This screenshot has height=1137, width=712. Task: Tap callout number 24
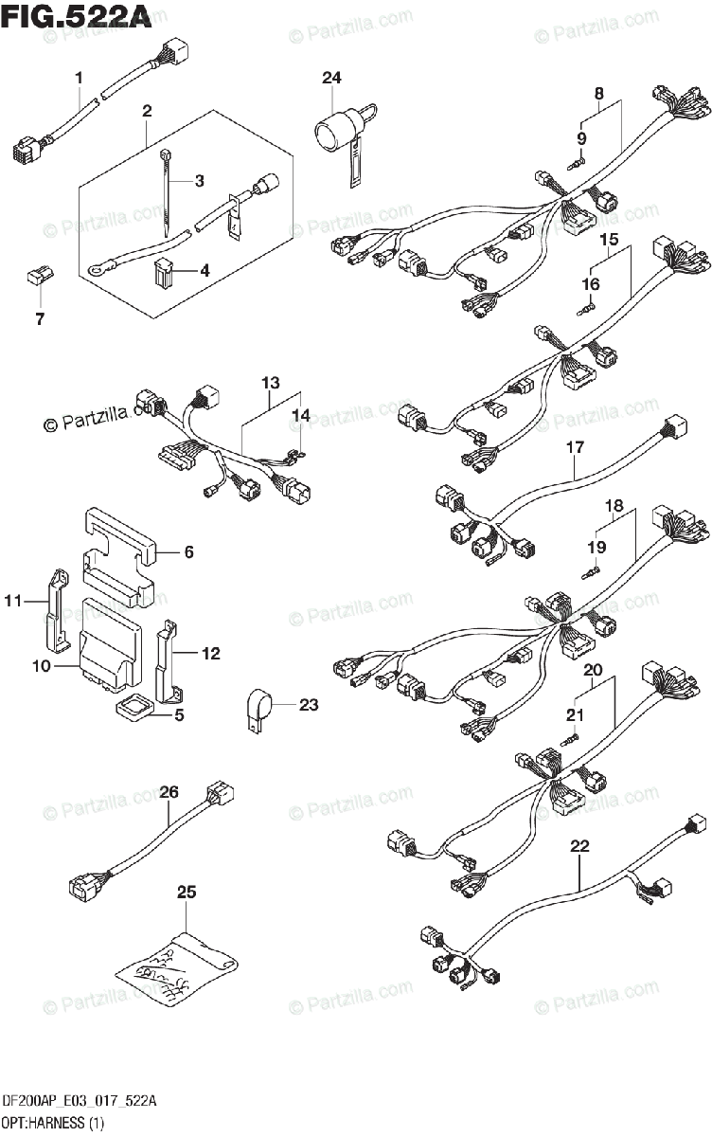330,79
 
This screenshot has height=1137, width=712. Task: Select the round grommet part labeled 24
335,127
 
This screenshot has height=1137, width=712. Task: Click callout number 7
40,319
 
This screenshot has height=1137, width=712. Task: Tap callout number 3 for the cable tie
199,180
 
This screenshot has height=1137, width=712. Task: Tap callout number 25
187,892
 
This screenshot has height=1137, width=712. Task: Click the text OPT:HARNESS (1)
53,1124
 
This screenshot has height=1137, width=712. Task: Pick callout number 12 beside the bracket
210,653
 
